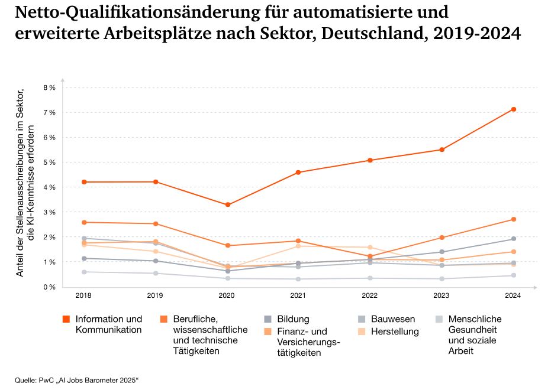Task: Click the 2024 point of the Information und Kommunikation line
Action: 514,109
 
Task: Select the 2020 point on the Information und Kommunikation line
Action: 228,205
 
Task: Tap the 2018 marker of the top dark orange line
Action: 85,182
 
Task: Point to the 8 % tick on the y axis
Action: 49,87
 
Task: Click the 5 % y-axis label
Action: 49,162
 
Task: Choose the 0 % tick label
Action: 49,287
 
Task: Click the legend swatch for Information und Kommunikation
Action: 67,320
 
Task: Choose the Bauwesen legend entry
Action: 392,319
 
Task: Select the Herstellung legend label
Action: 395,331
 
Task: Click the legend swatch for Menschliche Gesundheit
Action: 439,320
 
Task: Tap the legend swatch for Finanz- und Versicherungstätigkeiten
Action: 267,332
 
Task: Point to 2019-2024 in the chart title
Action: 477,33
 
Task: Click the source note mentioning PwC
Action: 77,379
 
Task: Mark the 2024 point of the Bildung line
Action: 514,239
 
